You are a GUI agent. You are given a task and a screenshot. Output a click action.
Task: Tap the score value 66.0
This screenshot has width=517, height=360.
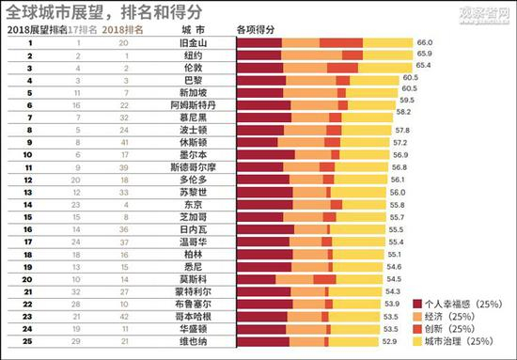(x=424, y=44)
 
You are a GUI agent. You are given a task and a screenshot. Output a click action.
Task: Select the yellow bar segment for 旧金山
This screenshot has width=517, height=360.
(x=387, y=44)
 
